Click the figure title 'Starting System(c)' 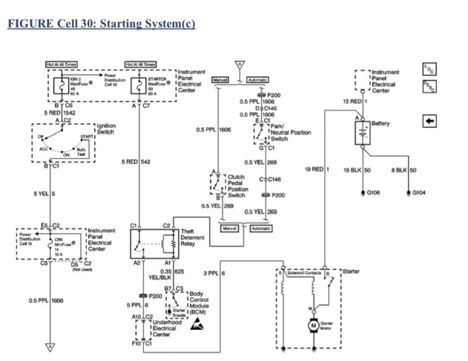click(101, 25)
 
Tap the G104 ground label click(420, 192)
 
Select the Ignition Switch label click(106, 129)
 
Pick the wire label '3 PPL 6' click(214, 274)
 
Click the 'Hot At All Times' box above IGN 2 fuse click(61, 65)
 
